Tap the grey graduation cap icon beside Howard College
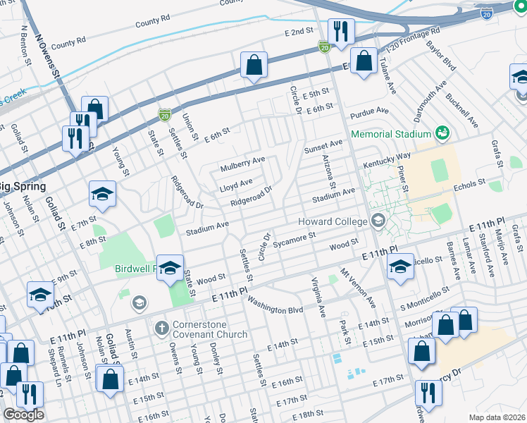[x=378, y=222]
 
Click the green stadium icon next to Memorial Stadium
[x=442, y=133]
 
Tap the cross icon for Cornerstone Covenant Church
[x=161, y=329]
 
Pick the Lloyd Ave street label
[x=235, y=183]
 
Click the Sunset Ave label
[x=322, y=145]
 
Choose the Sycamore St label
[x=295, y=240]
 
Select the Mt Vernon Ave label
[x=358, y=287]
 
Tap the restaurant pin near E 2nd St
[x=341, y=32]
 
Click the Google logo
[x=23, y=415]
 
